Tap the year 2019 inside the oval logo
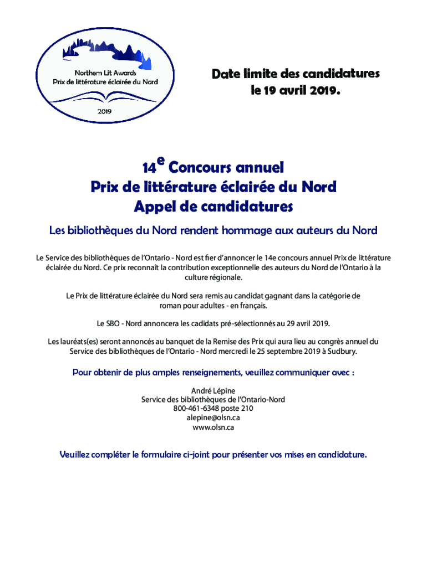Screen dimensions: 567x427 [105, 111]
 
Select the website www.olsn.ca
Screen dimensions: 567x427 [213, 427]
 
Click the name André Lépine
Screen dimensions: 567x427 [213, 390]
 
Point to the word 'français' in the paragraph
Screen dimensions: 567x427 [253, 305]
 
